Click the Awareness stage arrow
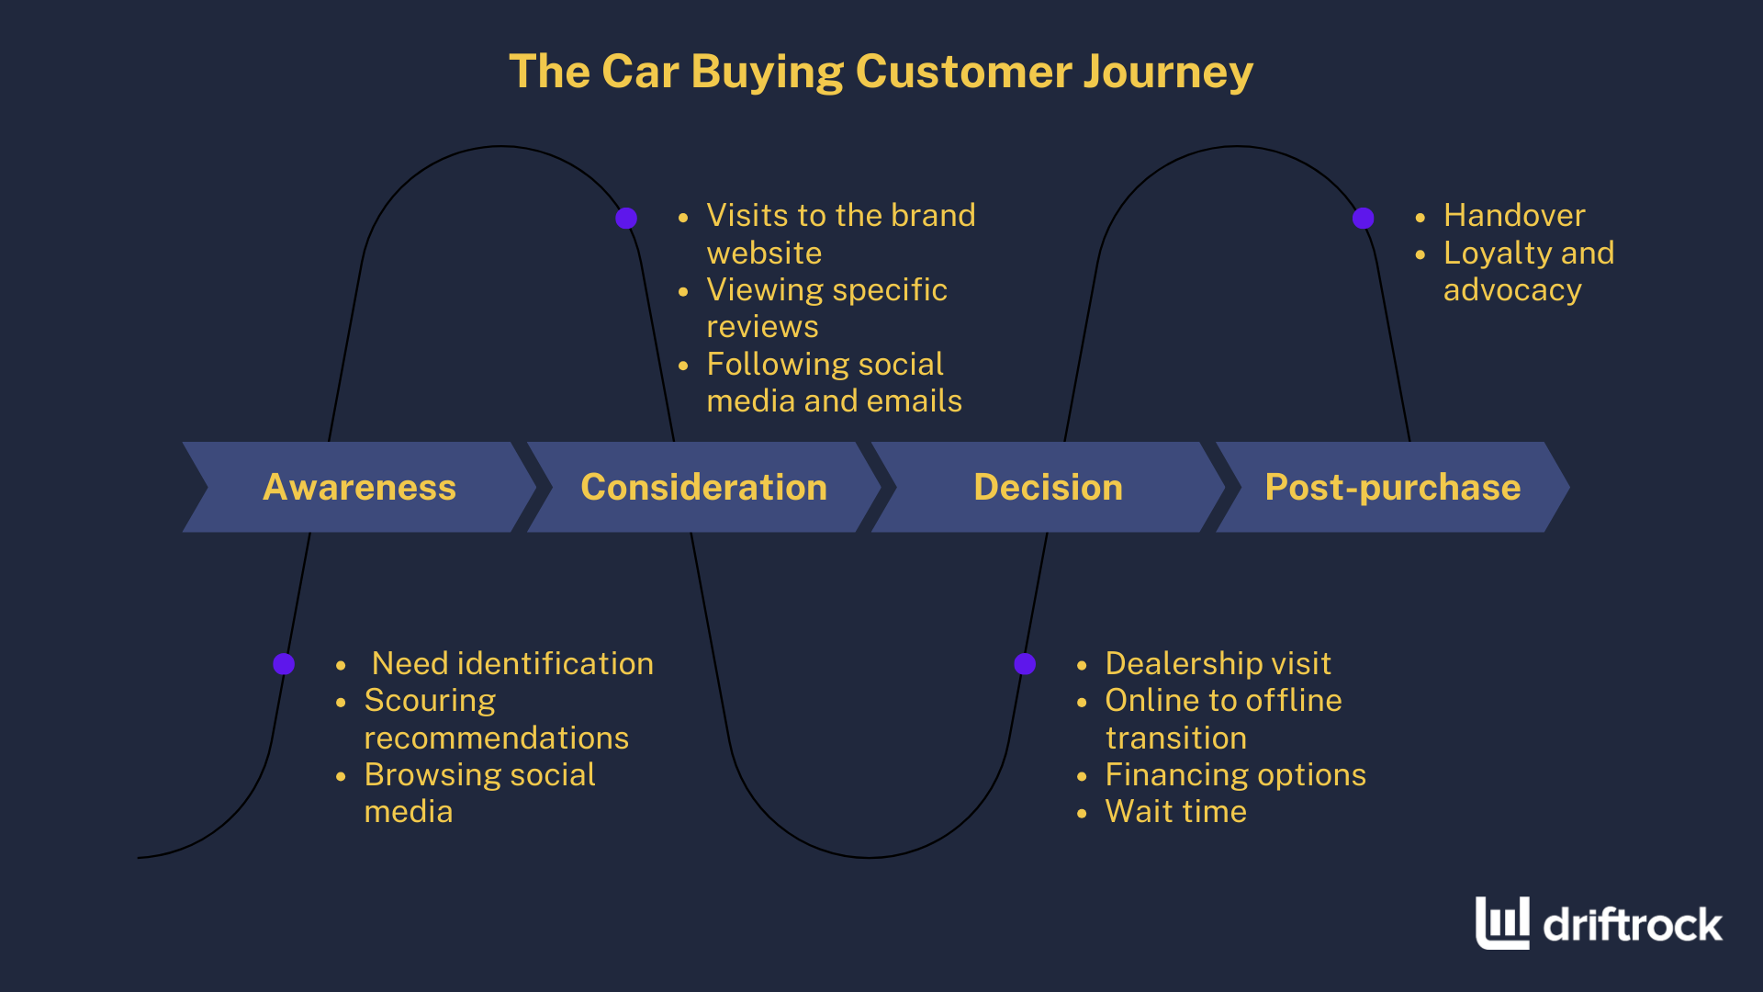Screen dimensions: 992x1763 pyautogui.click(x=359, y=487)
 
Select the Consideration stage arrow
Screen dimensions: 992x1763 pyautogui.click(x=703, y=487)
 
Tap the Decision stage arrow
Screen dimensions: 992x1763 pyautogui.click(x=1048, y=487)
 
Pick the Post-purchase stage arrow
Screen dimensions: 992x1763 pyautogui.click(x=1392, y=487)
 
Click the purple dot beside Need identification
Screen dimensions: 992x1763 pyautogui.click(x=284, y=664)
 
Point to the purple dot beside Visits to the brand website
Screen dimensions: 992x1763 pyautogui.click(x=626, y=218)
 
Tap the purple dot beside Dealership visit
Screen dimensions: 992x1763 pyautogui.click(x=1025, y=664)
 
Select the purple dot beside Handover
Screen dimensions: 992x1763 pyautogui.click(x=1364, y=218)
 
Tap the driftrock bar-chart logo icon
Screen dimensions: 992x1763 pyautogui.click(x=1502, y=922)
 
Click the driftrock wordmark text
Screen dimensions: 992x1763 pyautogui.click(x=1633, y=924)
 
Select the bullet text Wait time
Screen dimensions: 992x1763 pyautogui.click(x=1175, y=812)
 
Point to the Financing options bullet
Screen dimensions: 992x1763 pyautogui.click(x=1235, y=775)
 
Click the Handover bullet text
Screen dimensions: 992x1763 pyautogui.click(x=1514, y=216)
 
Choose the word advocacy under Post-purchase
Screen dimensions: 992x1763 pyautogui.click(x=1512, y=290)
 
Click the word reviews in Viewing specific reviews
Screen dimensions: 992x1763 pyautogui.click(x=762, y=327)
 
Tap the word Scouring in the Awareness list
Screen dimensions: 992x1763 pyautogui.click(x=430, y=701)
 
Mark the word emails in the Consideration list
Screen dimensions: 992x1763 pyautogui.click(x=914, y=401)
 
